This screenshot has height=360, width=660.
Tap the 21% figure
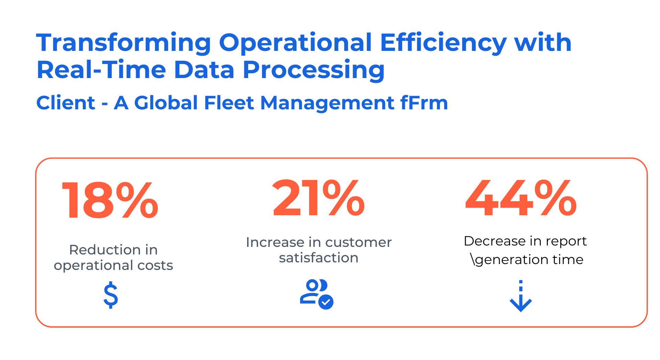(x=318, y=198)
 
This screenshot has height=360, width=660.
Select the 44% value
(x=521, y=198)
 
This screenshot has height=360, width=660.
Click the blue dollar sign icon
(x=111, y=295)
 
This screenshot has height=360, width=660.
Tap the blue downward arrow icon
(x=521, y=296)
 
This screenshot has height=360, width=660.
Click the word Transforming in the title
(x=124, y=43)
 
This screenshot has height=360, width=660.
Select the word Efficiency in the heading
(x=443, y=43)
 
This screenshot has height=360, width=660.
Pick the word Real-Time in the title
(x=101, y=70)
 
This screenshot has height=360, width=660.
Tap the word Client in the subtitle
(x=66, y=103)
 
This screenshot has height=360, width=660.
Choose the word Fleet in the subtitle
(x=229, y=103)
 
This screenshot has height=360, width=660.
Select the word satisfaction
(x=319, y=258)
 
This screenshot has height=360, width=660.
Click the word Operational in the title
(x=296, y=43)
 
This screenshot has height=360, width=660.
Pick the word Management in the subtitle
(x=327, y=103)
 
